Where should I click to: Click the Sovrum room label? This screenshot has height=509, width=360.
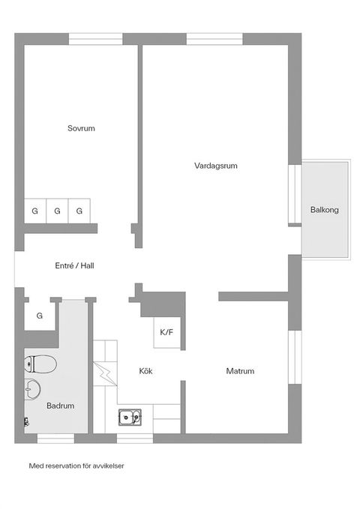81,128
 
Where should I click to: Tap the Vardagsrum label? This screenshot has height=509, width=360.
215,166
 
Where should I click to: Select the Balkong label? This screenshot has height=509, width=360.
325,210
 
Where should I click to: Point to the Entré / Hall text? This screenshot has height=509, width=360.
74,265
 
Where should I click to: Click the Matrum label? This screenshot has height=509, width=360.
240,371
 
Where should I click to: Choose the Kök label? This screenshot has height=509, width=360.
146,371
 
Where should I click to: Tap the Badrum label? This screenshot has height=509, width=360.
60,406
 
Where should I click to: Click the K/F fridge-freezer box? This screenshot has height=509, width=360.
166,332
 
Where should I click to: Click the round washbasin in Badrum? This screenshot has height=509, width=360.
32,389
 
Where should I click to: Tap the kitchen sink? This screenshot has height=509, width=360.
130,416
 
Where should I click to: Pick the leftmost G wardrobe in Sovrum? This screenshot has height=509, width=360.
34,211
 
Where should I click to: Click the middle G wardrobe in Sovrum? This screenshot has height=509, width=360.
57,211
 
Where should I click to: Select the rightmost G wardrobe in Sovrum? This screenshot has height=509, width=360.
79,211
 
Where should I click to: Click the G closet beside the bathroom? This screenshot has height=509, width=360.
39,316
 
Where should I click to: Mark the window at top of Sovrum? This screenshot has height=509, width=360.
95,38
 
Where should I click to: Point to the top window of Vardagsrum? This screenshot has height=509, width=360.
214,38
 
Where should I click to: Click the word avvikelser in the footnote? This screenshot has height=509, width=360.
108,466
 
